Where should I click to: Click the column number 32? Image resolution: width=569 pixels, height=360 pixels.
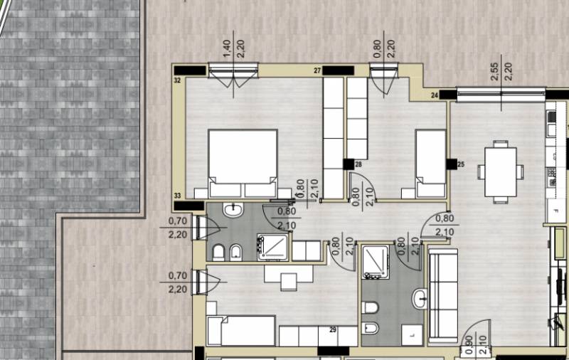pos(177,80)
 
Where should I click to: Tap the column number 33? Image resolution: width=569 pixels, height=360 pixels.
pos(177,196)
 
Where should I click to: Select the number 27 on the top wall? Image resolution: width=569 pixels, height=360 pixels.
pos(317,70)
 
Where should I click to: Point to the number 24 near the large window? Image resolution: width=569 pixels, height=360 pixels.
pos(435,95)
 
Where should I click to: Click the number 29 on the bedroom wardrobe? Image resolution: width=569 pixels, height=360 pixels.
pos(333,330)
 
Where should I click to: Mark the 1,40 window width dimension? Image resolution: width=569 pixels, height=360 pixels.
pos(227,48)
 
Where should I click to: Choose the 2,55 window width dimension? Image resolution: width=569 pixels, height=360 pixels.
pos(494,72)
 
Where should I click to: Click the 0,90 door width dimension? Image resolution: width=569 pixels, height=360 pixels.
pos(469,345)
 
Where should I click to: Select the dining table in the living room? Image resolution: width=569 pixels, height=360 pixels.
pos(501,171)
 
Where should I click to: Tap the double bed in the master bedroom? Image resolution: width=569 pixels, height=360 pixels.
pos(243,164)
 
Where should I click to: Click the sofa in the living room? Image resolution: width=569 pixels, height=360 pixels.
pos(443,295)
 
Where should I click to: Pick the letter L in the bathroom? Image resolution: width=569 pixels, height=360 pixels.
pos(413,336)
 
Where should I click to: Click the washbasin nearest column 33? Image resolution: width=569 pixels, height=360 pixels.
pos(233,209)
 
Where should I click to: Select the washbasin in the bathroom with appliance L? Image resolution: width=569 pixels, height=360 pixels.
pos(420,299)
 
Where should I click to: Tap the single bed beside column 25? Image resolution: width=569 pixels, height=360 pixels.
pos(431,164)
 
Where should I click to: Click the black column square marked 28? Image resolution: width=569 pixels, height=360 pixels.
pos(349,164)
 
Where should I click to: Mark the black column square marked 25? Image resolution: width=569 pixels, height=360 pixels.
pos(452,164)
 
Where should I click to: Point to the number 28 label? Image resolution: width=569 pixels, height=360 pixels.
pos(358,165)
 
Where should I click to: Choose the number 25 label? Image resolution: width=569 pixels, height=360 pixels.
pos(461,164)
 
